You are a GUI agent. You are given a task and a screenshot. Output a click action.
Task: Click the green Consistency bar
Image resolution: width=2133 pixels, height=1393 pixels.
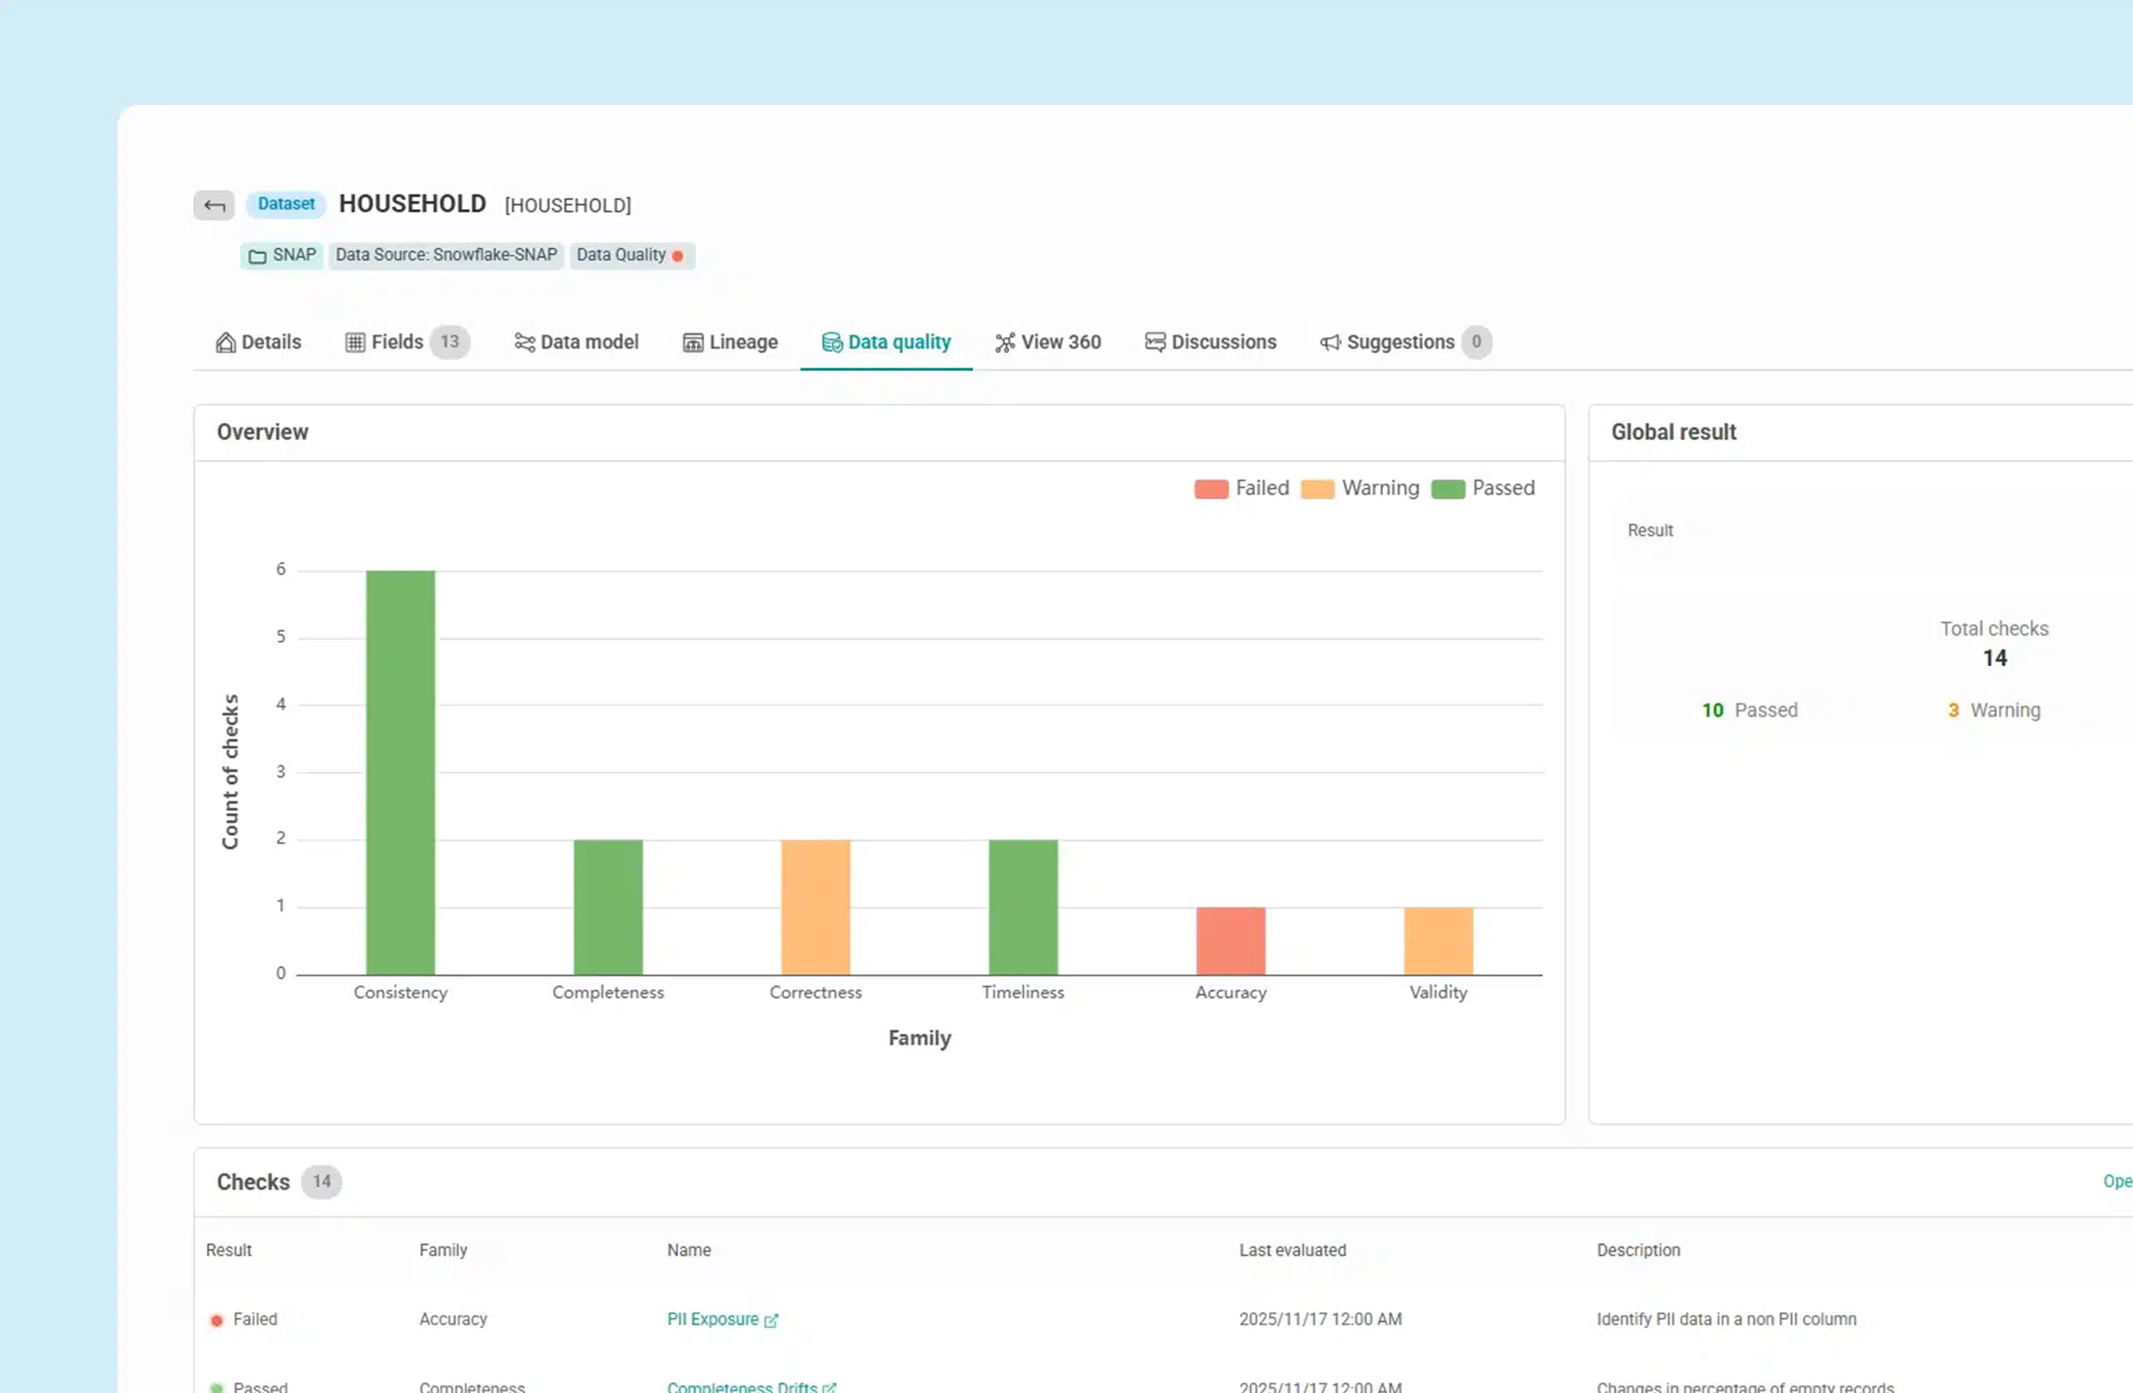point(401,771)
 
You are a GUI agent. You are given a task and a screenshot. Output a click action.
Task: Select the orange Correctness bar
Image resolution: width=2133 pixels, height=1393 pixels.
point(816,907)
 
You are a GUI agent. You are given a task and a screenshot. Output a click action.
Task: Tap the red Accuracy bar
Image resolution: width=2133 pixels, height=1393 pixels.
point(1231,941)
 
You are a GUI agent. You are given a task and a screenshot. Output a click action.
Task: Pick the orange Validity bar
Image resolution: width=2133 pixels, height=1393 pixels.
point(1438,941)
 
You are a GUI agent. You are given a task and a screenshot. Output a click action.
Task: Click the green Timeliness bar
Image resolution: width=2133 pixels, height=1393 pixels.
point(1022,907)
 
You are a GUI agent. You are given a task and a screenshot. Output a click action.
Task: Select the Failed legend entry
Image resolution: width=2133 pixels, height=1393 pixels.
point(1242,488)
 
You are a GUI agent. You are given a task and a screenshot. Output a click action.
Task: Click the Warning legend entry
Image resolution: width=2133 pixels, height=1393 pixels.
point(1361,488)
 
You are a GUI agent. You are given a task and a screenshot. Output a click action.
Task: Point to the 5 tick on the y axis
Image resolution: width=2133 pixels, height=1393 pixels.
point(281,637)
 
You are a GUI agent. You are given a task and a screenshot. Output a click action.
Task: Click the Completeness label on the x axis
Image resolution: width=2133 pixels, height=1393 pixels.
point(607,993)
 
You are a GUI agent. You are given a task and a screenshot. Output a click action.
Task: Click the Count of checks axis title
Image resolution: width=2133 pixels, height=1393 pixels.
point(230,771)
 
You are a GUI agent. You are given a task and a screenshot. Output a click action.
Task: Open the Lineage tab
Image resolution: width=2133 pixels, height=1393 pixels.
point(731,342)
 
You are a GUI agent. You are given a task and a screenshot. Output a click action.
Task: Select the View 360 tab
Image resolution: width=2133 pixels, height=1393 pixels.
point(1047,342)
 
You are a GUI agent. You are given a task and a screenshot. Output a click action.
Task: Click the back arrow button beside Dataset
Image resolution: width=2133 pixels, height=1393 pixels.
point(214,205)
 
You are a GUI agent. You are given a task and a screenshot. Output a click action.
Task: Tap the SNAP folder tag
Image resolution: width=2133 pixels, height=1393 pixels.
point(282,256)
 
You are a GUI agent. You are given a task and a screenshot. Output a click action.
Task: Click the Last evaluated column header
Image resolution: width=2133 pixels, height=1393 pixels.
point(1292,1250)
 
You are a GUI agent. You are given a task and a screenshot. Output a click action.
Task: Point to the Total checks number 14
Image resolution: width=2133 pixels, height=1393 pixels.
point(1994,659)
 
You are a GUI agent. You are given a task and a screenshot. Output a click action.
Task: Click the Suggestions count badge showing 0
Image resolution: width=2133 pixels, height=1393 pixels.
point(1476,342)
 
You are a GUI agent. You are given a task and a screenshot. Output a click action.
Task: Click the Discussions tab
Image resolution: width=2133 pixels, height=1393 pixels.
point(1211,342)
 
